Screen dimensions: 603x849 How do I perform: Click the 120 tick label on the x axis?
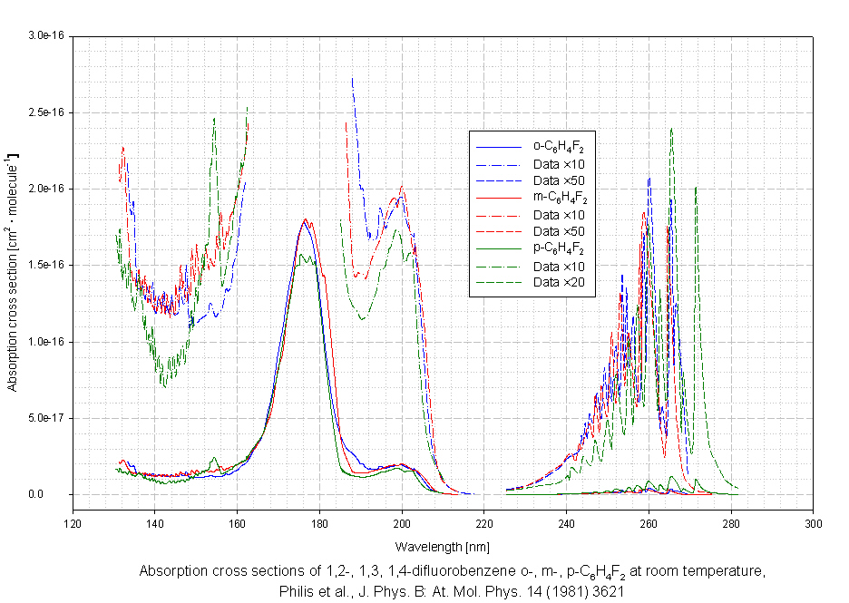[x=73, y=523]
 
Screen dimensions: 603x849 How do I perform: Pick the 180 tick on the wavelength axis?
[x=319, y=523]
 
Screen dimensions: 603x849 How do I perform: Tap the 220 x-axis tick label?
[x=484, y=523]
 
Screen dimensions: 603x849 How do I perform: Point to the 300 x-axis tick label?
[x=814, y=523]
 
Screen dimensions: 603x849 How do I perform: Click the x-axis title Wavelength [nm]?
[x=444, y=547]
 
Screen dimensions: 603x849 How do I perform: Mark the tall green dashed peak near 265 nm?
[x=671, y=129]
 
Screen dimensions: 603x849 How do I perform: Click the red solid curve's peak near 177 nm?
[x=306, y=219]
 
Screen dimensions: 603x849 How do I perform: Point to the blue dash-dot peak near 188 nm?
[x=352, y=79]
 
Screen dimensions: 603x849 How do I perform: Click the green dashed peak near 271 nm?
[x=696, y=188]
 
